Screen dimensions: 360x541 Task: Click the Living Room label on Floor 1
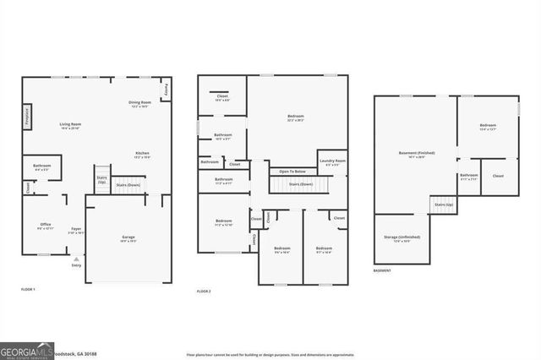70,126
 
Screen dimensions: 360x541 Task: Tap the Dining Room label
139,104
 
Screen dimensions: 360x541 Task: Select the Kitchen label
142,155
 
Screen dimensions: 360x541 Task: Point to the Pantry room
166,88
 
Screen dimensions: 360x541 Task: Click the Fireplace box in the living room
28,117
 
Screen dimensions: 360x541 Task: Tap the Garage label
129,237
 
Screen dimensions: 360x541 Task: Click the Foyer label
76,229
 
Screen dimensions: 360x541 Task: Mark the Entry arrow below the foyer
77,259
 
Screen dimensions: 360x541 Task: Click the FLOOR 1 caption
28,290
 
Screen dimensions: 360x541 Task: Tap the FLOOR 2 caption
204,291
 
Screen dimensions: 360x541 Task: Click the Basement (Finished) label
417,153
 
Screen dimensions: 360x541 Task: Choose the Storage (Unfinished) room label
402,237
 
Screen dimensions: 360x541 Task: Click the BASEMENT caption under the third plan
382,270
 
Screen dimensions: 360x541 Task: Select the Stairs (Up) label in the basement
443,205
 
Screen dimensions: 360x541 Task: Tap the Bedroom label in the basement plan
488,126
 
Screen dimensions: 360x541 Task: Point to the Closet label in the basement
498,176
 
